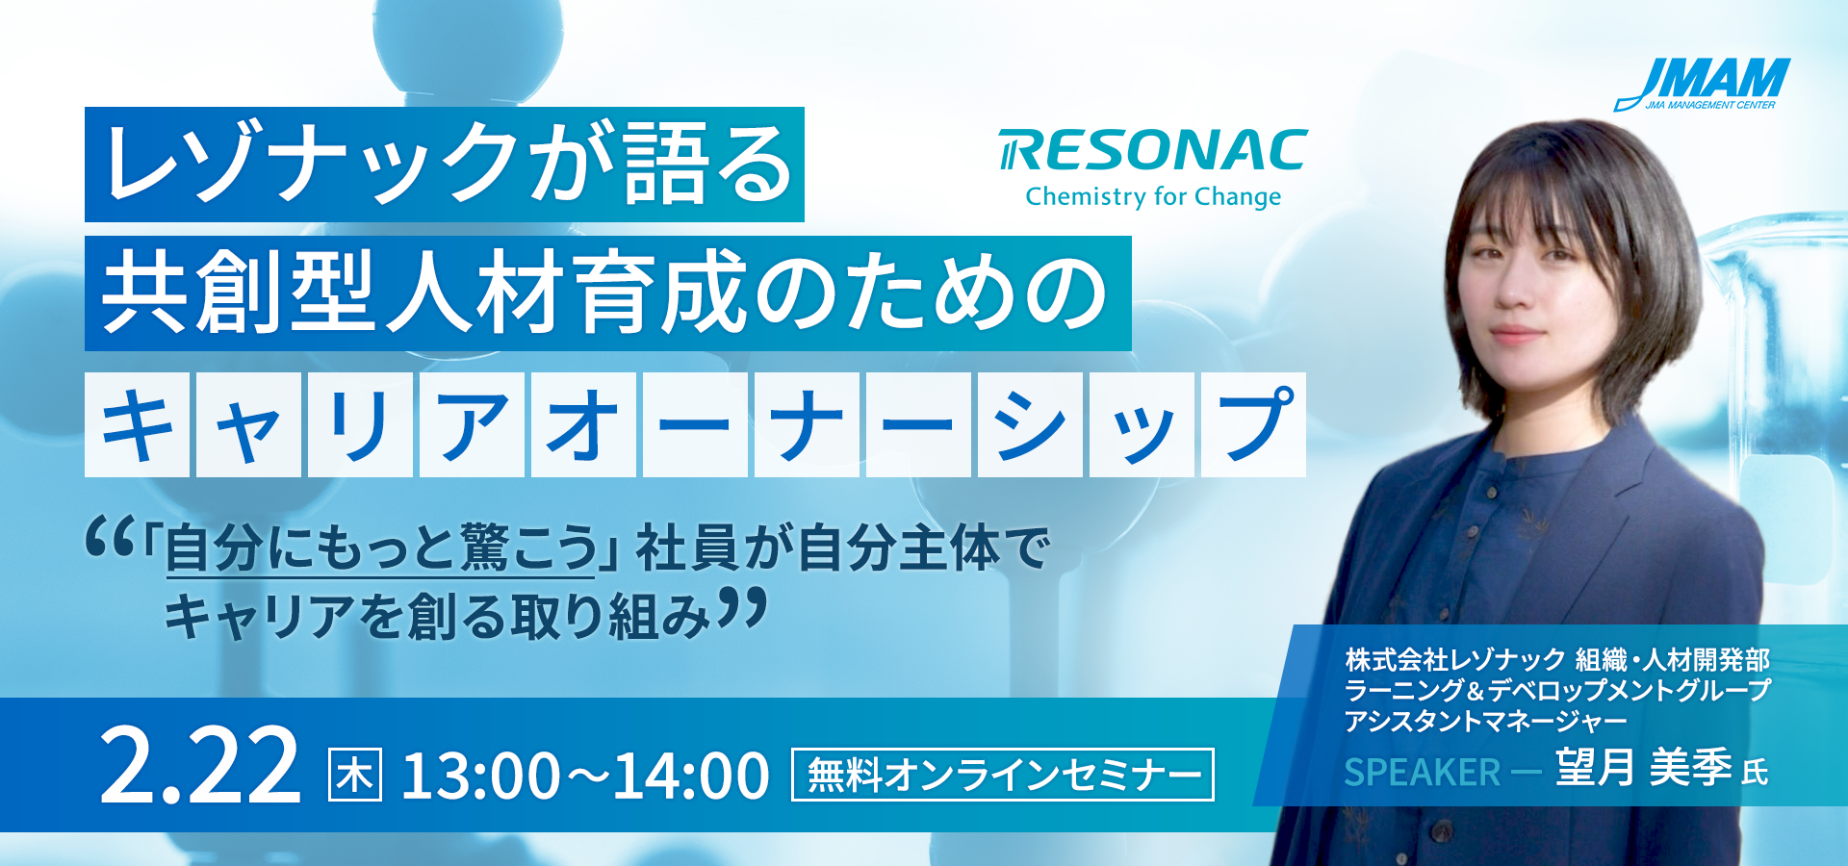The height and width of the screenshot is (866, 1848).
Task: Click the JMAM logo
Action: point(1702,84)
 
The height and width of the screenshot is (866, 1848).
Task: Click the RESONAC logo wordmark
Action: point(1153,150)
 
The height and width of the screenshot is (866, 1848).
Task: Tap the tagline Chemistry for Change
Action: point(1153,196)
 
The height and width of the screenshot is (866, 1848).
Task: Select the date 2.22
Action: point(200,767)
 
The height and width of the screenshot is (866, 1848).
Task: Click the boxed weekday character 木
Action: point(355,775)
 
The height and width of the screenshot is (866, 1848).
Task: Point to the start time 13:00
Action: point(480,776)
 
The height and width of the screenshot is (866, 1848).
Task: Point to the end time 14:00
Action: point(691,776)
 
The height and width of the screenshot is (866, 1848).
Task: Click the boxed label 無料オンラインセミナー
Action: point(1003,775)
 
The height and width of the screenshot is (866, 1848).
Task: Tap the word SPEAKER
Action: point(1422,772)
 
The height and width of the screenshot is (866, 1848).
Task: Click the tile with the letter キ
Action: point(138,424)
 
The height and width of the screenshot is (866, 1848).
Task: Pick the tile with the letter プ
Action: point(1253,424)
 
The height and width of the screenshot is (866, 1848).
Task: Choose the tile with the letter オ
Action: point(583,424)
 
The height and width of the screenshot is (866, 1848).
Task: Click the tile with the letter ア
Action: point(472,424)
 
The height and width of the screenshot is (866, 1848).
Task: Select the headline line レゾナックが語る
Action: point(445,165)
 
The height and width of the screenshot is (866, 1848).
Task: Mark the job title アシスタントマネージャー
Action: point(1486,720)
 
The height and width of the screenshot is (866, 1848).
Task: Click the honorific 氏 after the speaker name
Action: point(1755,772)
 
